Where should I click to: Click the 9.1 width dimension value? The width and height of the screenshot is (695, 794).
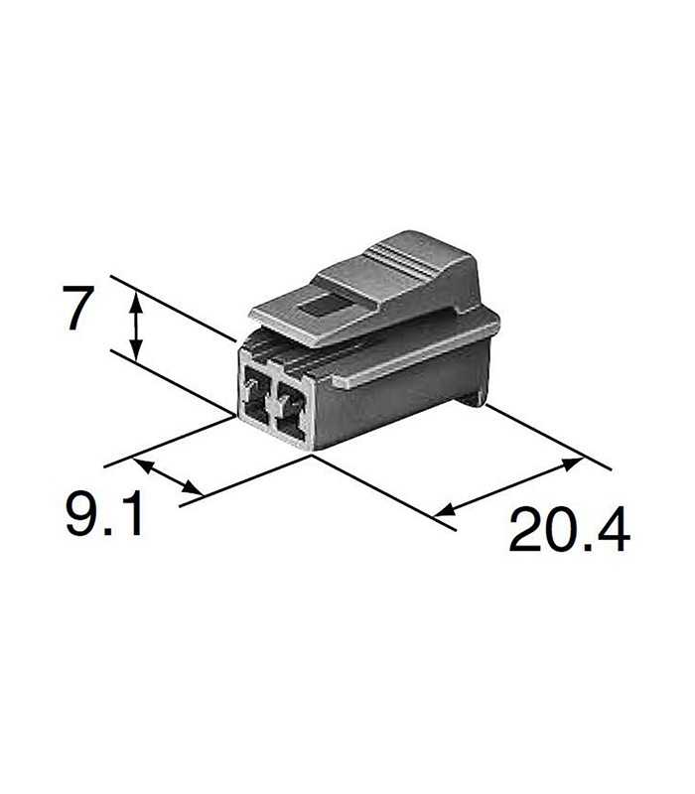pos(104,515)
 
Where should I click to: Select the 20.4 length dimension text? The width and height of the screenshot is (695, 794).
pos(569,530)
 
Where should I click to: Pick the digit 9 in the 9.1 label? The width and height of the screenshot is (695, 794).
pos(82,515)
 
